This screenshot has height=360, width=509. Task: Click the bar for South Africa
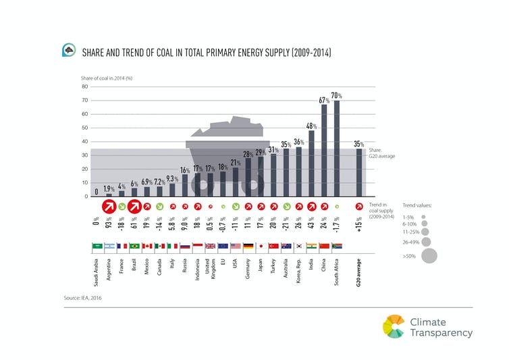click(x=337, y=149)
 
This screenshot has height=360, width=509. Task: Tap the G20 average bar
click(x=359, y=172)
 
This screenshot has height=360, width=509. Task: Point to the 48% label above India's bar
click(x=311, y=126)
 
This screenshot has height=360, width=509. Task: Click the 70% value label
click(x=337, y=96)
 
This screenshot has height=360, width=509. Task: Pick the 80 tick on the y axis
click(x=85, y=86)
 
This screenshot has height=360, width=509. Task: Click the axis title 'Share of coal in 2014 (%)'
click(x=107, y=78)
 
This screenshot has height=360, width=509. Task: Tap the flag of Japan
click(x=261, y=246)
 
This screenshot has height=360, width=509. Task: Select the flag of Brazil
click(x=134, y=246)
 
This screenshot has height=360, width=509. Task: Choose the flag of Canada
click(x=159, y=246)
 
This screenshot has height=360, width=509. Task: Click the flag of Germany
click(x=248, y=246)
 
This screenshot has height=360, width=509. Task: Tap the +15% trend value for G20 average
click(x=359, y=224)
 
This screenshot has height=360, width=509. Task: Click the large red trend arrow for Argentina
click(x=109, y=207)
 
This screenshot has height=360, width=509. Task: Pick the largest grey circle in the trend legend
click(x=429, y=255)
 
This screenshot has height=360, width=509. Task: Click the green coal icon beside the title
click(x=68, y=51)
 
